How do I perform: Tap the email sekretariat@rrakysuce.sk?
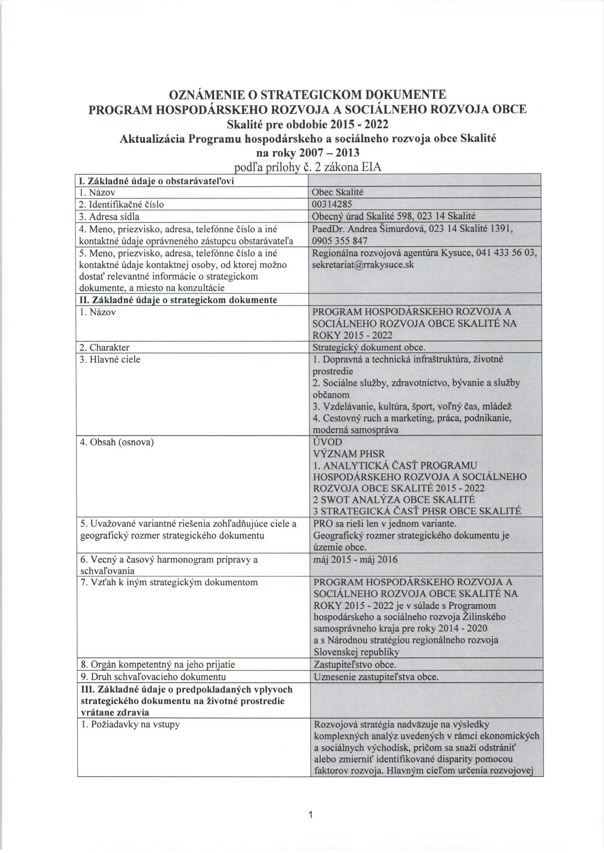tap(363, 265)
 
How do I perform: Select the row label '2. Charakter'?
tap(104, 348)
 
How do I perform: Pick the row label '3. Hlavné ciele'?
tap(110, 360)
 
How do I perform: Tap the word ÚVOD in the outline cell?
tap(328, 442)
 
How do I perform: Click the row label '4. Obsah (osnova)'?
tap(117, 443)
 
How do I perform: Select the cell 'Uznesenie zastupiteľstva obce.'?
tap(376, 677)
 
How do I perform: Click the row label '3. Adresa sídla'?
tap(109, 216)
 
